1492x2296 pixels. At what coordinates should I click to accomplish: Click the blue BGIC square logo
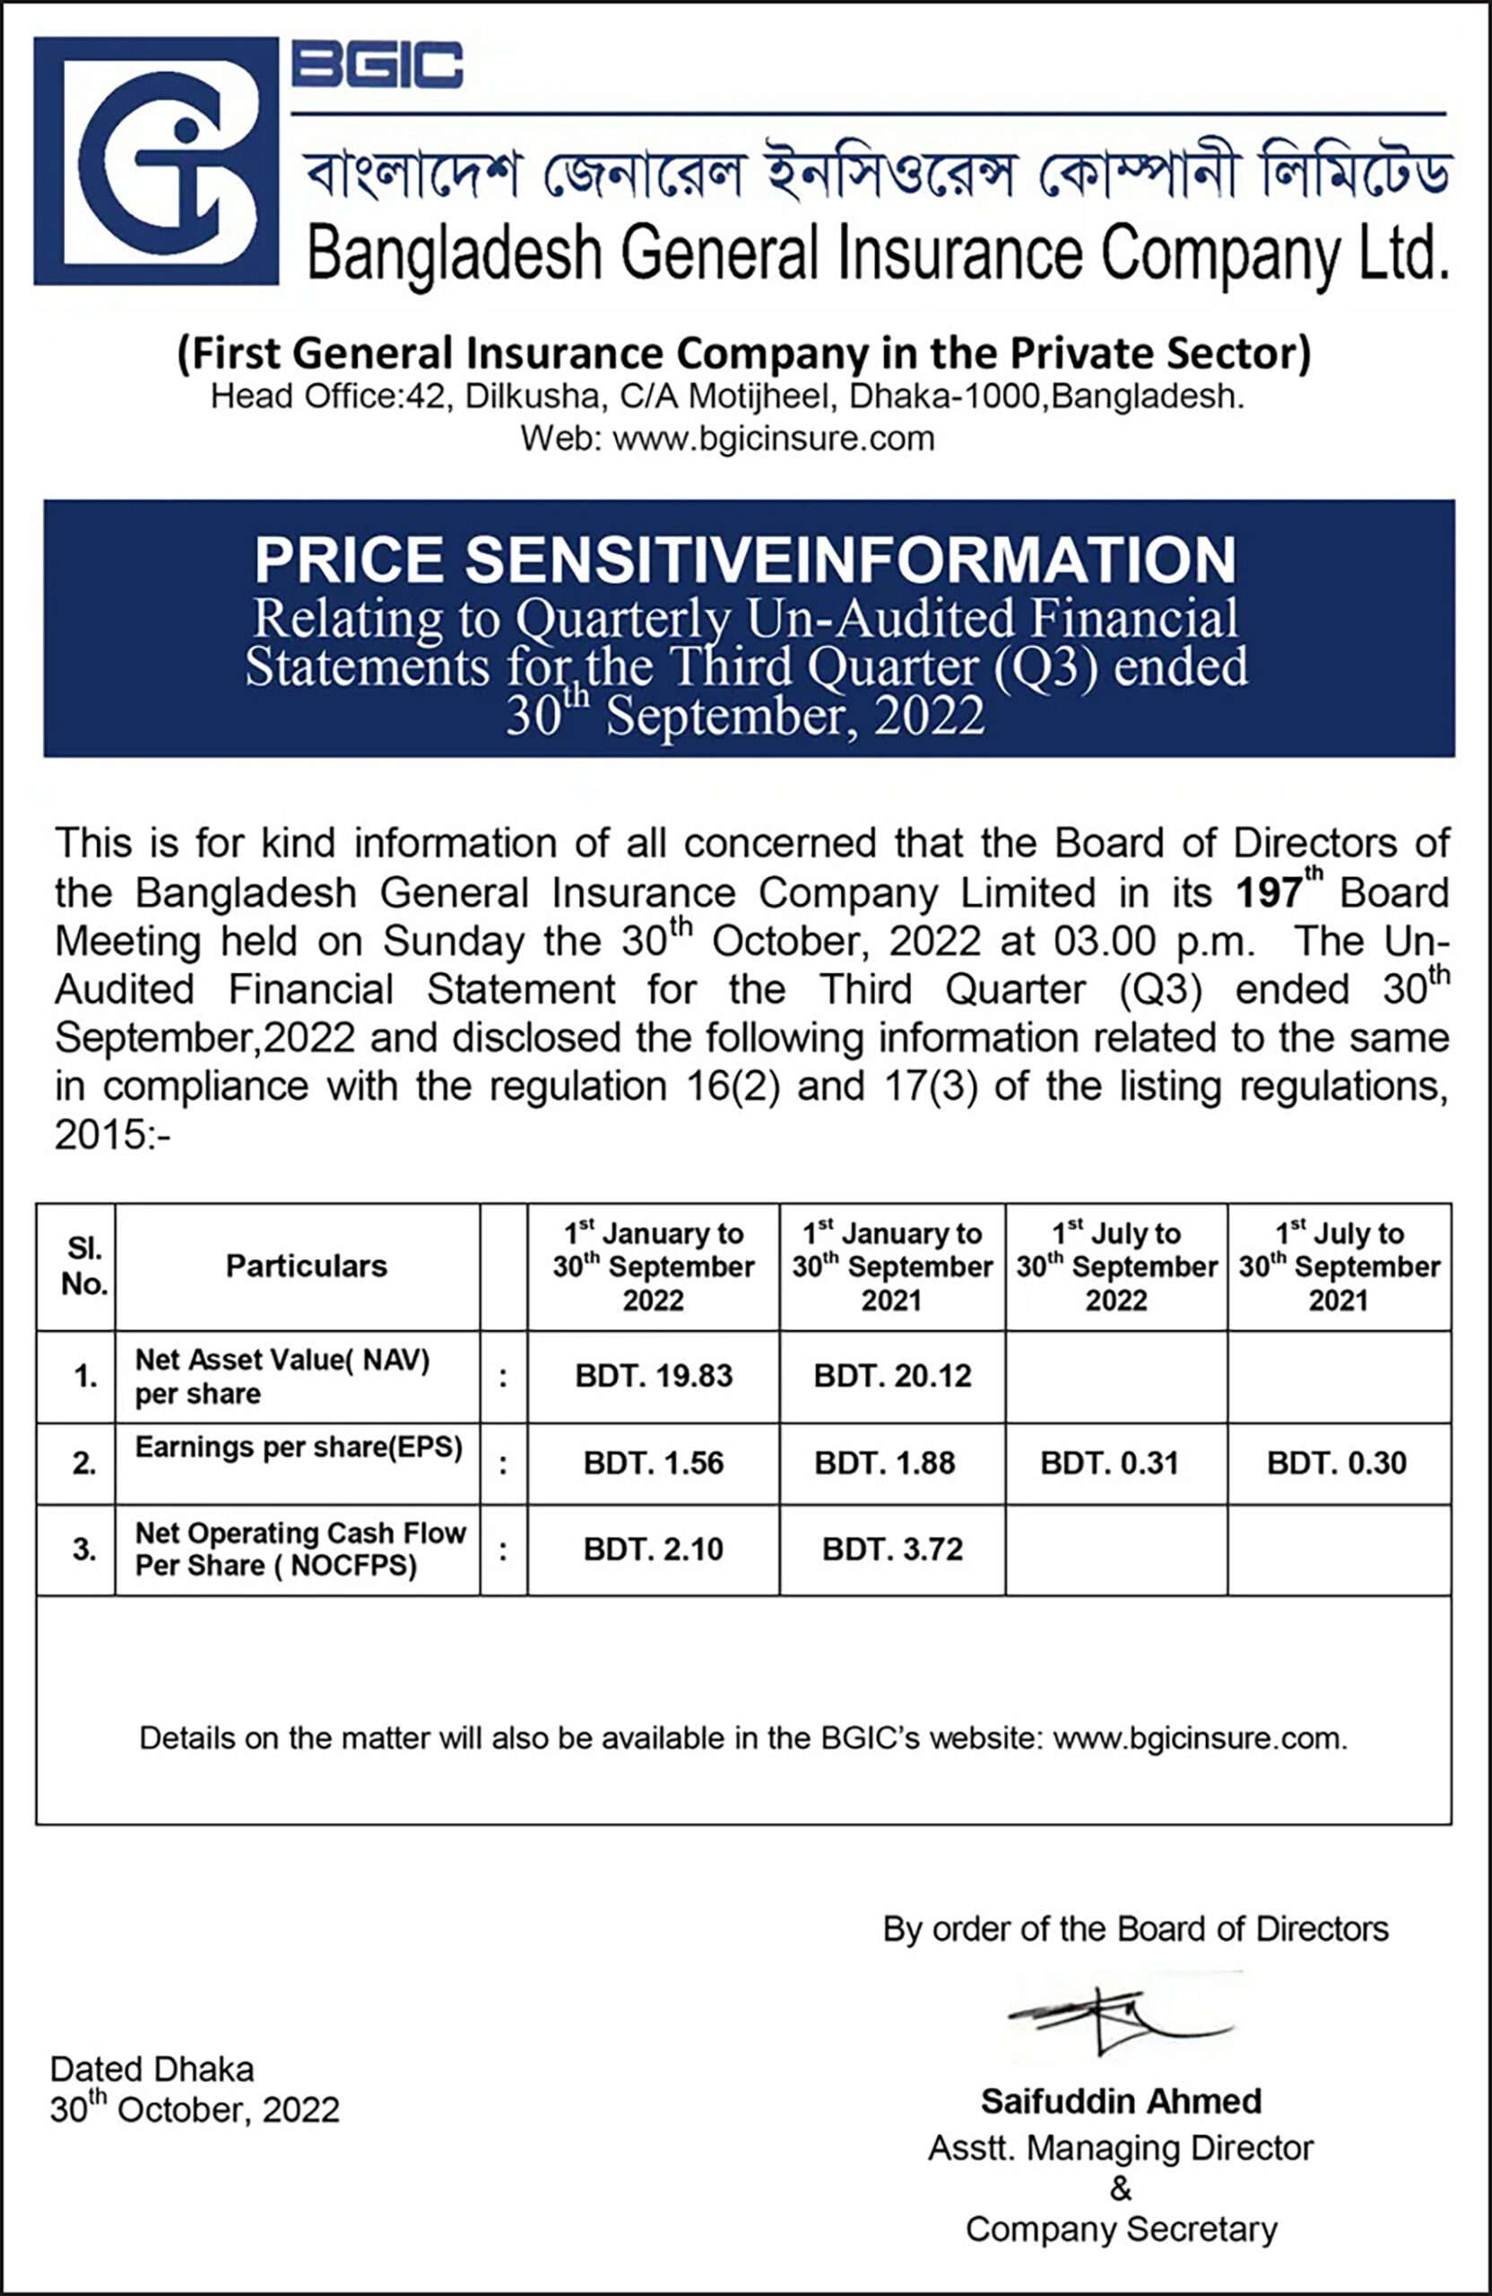tap(156, 161)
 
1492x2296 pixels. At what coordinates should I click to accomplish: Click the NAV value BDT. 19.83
tap(654, 1376)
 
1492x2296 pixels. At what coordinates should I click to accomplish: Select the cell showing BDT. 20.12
tap(892, 1376)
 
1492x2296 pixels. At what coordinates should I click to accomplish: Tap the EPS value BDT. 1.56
tap(654, 1464)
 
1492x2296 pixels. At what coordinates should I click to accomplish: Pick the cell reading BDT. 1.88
tap(885, 1464)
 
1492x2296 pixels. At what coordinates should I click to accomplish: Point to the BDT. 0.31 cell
tap(1109, 1464)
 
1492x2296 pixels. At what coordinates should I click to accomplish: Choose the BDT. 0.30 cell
tap(1337, 1464)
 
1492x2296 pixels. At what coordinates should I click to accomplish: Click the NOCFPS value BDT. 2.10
tap(654, 1549)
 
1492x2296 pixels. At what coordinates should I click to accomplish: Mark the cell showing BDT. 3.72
tap(892, 1549)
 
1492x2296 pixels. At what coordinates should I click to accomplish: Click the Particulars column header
tap(307, 1265)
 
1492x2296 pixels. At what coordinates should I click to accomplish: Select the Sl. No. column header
tap(84, 1266)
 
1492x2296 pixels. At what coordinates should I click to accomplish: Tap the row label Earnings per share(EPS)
tap(299, 1447)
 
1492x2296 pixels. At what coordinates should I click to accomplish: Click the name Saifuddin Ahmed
tap(1122, 2101)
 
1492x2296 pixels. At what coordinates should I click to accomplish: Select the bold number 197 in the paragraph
tap(1270, 892)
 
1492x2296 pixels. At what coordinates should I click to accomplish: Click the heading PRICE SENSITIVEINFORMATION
tap(745, 560)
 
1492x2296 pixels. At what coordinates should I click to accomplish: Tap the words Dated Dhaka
tap(152, 2069)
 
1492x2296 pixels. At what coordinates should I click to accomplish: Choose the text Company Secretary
tap(1122, 2230)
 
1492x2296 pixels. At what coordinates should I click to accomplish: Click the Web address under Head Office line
tap(728, 439)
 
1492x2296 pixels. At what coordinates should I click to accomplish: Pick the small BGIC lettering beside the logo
tap(377, 65)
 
